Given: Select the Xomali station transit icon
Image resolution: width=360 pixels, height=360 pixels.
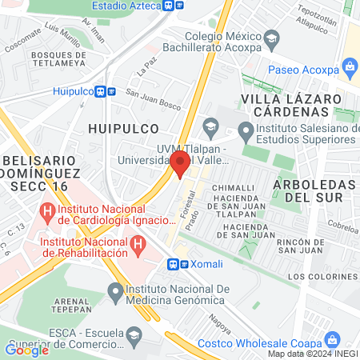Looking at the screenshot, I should click(x=174, y=263).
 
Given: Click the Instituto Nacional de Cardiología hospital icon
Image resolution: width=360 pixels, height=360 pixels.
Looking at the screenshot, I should click(x=47, y=214).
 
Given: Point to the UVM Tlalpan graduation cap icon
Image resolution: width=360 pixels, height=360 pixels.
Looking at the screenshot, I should click(x=210, y=125).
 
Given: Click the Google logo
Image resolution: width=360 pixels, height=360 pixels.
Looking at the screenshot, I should click(x=27, y=349).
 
